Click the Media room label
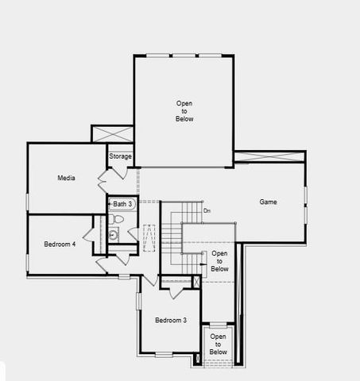point(67,178)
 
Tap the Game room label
point(268,202)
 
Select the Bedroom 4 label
point(60,244)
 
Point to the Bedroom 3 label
point(171,320)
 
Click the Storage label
point(120,156)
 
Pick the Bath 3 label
point(122,204)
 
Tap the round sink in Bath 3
point(114,234)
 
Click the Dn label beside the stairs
point(207,210)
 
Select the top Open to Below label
point(184,111)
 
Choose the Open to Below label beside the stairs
point(219,261)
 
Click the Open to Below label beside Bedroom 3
point(219,344)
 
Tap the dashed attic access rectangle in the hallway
point(149,239)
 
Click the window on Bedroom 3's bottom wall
point(164,353)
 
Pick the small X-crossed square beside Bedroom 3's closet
point(196,282)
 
